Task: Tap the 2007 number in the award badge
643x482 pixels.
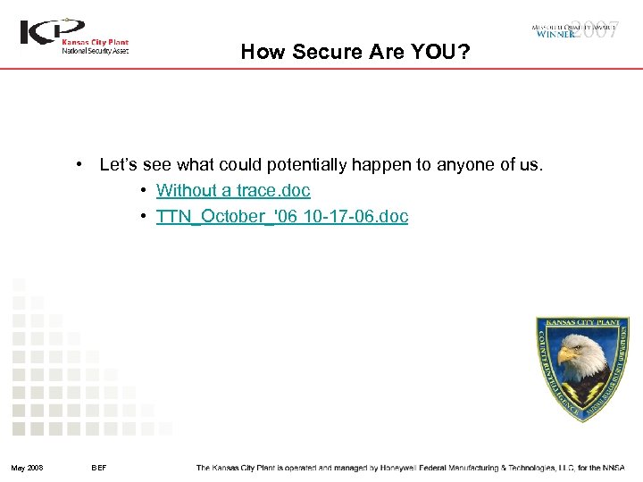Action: pos(595,29)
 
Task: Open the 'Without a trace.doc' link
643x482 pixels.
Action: pos(233,190)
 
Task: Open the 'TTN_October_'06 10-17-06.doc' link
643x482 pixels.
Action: pos(282,216)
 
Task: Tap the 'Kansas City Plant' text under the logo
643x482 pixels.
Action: pos(95,42)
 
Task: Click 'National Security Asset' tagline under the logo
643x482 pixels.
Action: pos(95,51)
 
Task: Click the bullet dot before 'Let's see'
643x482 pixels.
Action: pos(80,164)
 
